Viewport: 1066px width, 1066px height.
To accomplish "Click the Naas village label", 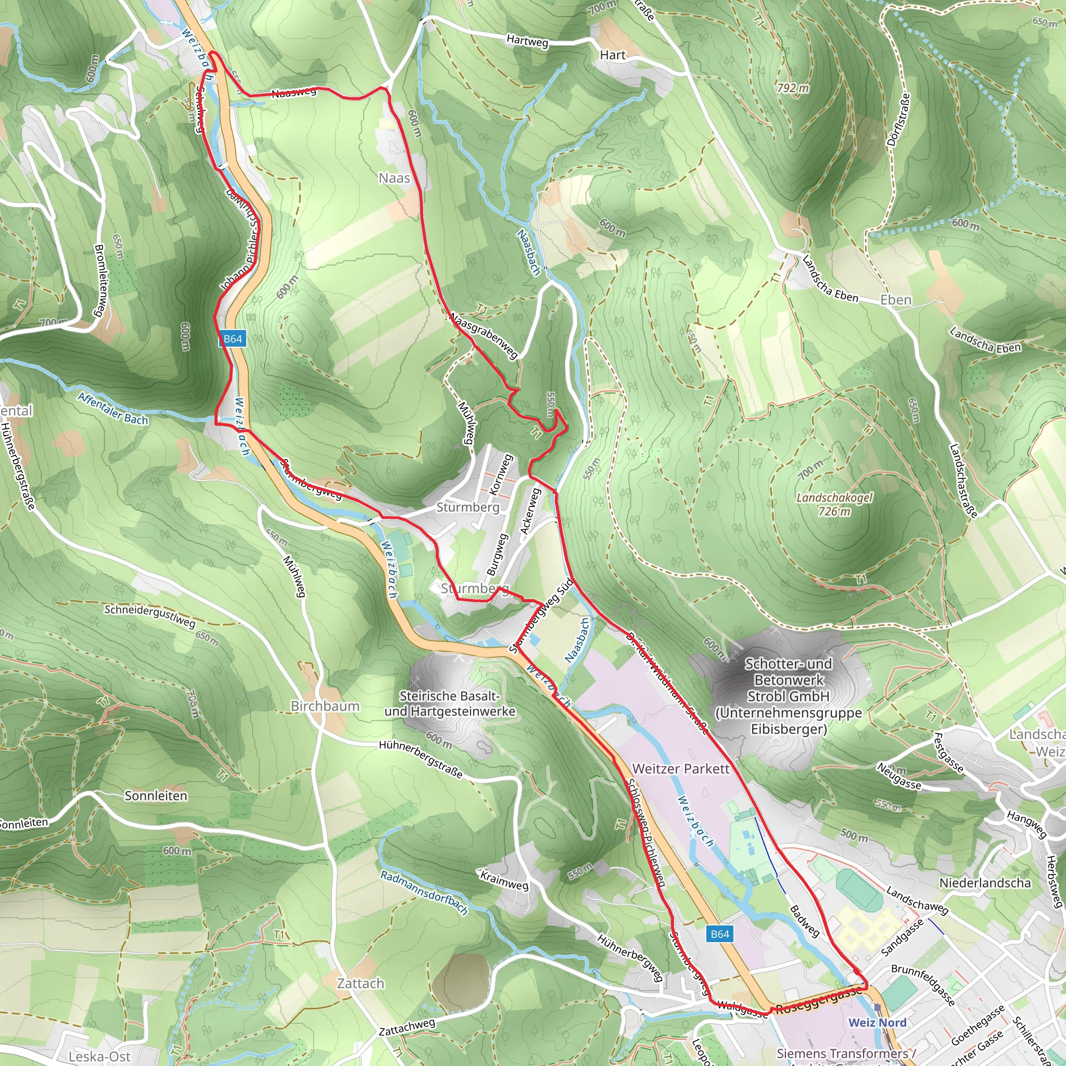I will coord(394,178).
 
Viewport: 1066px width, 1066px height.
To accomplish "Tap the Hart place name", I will coord(613,55).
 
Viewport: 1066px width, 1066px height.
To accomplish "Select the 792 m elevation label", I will coord(792,88).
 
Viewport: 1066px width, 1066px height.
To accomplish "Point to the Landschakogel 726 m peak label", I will coord(834,504).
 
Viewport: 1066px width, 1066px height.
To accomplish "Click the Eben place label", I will coord(895,300).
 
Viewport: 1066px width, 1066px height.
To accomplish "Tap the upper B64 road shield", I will coord(232,339).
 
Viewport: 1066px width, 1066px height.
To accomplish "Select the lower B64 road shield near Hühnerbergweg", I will coord(719,934).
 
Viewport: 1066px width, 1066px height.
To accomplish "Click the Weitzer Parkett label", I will coord(681,769).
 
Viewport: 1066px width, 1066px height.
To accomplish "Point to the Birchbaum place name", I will coord(325,706).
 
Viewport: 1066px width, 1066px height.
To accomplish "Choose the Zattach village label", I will coord(360,983).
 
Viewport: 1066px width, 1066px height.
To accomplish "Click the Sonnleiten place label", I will coord(156,796).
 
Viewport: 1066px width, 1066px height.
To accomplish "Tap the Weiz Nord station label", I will coord(877,1022).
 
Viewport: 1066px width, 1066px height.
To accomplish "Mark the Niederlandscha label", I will coord(985,883).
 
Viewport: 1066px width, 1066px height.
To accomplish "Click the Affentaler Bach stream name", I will coord(113,409).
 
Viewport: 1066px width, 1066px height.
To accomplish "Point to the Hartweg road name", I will coord(527,41).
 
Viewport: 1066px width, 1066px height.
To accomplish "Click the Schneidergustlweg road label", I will coord(149,616).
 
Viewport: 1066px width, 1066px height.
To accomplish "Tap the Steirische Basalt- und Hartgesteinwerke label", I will coord(450,704).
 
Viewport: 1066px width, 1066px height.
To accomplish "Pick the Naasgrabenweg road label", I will coord(484,336).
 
